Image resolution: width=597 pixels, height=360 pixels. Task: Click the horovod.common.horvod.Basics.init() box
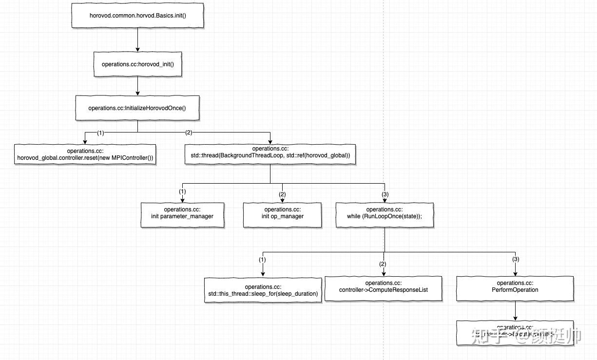137,15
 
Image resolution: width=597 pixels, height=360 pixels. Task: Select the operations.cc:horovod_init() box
137,64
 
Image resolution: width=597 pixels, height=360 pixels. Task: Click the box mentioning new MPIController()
85,154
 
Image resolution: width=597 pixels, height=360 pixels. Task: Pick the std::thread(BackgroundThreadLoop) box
270,154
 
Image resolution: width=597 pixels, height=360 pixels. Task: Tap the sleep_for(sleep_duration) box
263,290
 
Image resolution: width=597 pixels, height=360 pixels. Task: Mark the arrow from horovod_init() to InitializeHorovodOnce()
138,85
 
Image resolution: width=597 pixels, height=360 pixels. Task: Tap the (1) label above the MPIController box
100,133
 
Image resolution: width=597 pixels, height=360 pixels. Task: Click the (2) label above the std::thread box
189,133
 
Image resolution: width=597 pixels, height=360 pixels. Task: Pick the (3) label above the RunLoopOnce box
385,194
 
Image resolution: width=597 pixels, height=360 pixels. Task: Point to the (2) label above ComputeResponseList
383,264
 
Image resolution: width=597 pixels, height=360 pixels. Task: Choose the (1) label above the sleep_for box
262,260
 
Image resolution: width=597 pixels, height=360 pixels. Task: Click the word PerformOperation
515,290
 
